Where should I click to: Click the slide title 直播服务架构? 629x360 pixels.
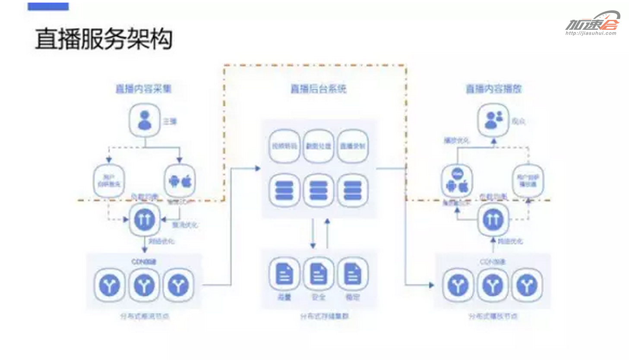[x=104, y=39]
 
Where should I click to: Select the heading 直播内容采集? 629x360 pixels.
[x=143, y=89]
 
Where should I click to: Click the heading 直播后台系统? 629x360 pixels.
[x=318, y=89]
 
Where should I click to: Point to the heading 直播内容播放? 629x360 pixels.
[x=493, y=89]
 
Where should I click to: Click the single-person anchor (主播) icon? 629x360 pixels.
[x=145, y=120]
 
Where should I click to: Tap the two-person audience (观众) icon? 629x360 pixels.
[x=493, y=120]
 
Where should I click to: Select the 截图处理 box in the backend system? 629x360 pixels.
[x=318, y=146]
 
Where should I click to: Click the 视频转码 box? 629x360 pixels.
[x=284, y=146]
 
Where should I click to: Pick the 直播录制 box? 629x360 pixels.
[x=352, y=146]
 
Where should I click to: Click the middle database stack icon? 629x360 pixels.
[x=318, y=190]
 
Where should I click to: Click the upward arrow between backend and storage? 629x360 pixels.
[x=327, y=233]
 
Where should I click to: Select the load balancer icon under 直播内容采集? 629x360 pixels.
[x=145, y=220]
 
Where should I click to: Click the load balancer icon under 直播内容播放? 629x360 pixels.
[x=493, y=220]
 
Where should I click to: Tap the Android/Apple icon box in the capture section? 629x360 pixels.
[x=180, y=181]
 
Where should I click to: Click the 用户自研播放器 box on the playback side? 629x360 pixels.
[x=528, y=181]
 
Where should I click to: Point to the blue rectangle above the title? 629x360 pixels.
[x=48, y=6]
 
